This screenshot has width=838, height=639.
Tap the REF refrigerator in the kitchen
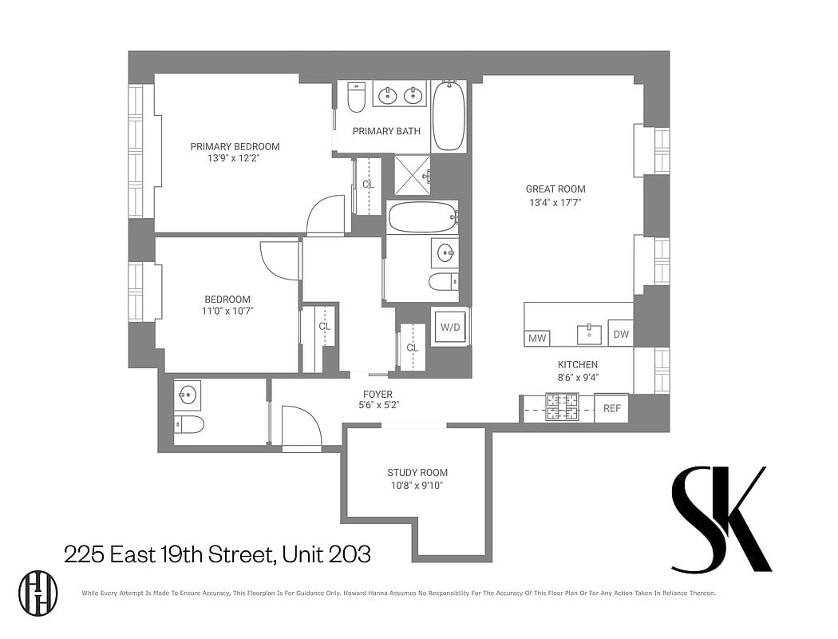pos(611,408)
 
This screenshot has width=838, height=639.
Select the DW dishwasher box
pos(620,334)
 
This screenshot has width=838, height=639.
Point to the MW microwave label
pos(537,339)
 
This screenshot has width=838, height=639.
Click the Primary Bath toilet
pos(357,98)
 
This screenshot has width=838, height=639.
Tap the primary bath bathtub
pos(449,116)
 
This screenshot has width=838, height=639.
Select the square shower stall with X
pos(413,176)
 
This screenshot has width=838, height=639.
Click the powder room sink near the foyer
pos(187,394)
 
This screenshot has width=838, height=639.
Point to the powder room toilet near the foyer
pos(189,423)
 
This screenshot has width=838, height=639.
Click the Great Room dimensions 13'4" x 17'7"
pos(555,203)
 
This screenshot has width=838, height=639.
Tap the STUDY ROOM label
pos(417,472)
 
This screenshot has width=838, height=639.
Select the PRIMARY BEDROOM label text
pos(235,146)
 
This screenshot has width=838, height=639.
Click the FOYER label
pos(378,394)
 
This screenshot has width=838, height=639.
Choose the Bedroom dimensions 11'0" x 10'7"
pos(227,312)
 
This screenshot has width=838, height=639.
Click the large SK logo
pos(721,519)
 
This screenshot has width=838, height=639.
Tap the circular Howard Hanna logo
pos(38,592)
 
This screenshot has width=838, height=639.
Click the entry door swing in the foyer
pos(302,427)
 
